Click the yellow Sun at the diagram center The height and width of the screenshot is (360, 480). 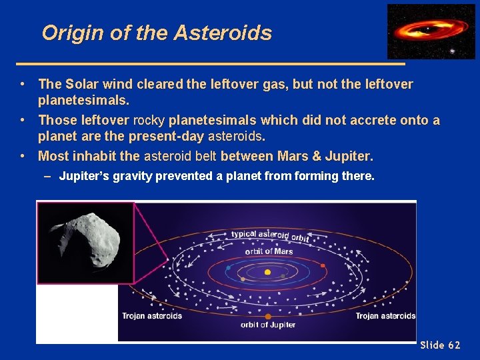click(x=267, y=272)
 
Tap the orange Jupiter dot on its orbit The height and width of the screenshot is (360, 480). click(x=268, y=317)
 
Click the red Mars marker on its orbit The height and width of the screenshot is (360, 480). click(x=323, y=265)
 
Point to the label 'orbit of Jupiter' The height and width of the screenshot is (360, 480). click(x=268, y=325)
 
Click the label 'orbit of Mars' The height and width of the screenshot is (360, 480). click(x=269, y=251)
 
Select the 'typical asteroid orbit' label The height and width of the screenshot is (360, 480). click(x=270, y=235)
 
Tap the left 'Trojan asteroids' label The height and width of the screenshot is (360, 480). click(x=152, y=316)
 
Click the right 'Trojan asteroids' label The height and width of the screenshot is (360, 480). click(x=385, y=316)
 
